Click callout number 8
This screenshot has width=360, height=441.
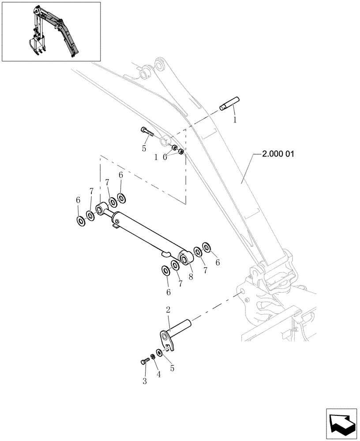pyautogui.click(x=191, y=277)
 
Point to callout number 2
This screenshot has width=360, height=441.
pyautogui.click(x=168, y=310)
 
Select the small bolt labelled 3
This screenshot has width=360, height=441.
pyautogui.click(x=143, y=362)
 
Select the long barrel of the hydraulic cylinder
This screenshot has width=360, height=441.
pyautogui.click(x=146, y=234)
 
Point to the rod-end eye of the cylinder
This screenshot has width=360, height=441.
pyautogui.click(x=101, y=207)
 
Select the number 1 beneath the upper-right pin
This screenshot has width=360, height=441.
pyautogui.click(x=236, y=120)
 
